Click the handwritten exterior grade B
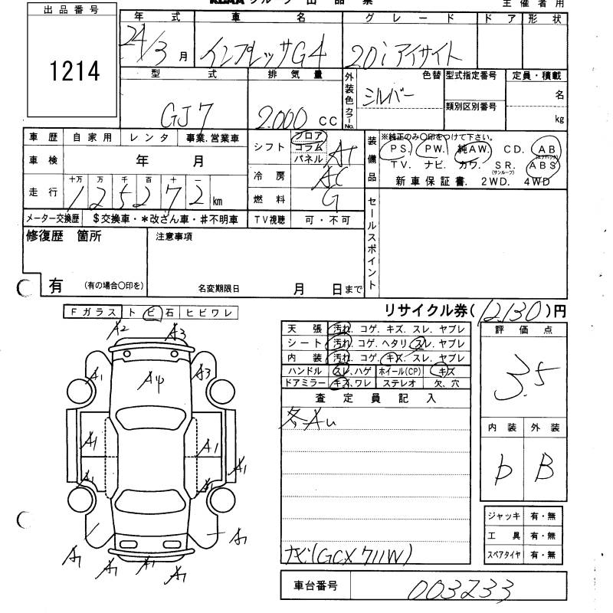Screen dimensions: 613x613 [546, 468]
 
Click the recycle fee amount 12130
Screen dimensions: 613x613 [516, 311]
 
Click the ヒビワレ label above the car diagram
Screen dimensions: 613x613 [215, 312]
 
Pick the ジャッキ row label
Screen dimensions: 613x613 [503, 516]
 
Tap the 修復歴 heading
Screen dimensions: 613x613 [39, 237]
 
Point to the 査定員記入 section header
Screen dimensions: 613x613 [375, 398]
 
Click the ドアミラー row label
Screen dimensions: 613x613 [306, 382]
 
